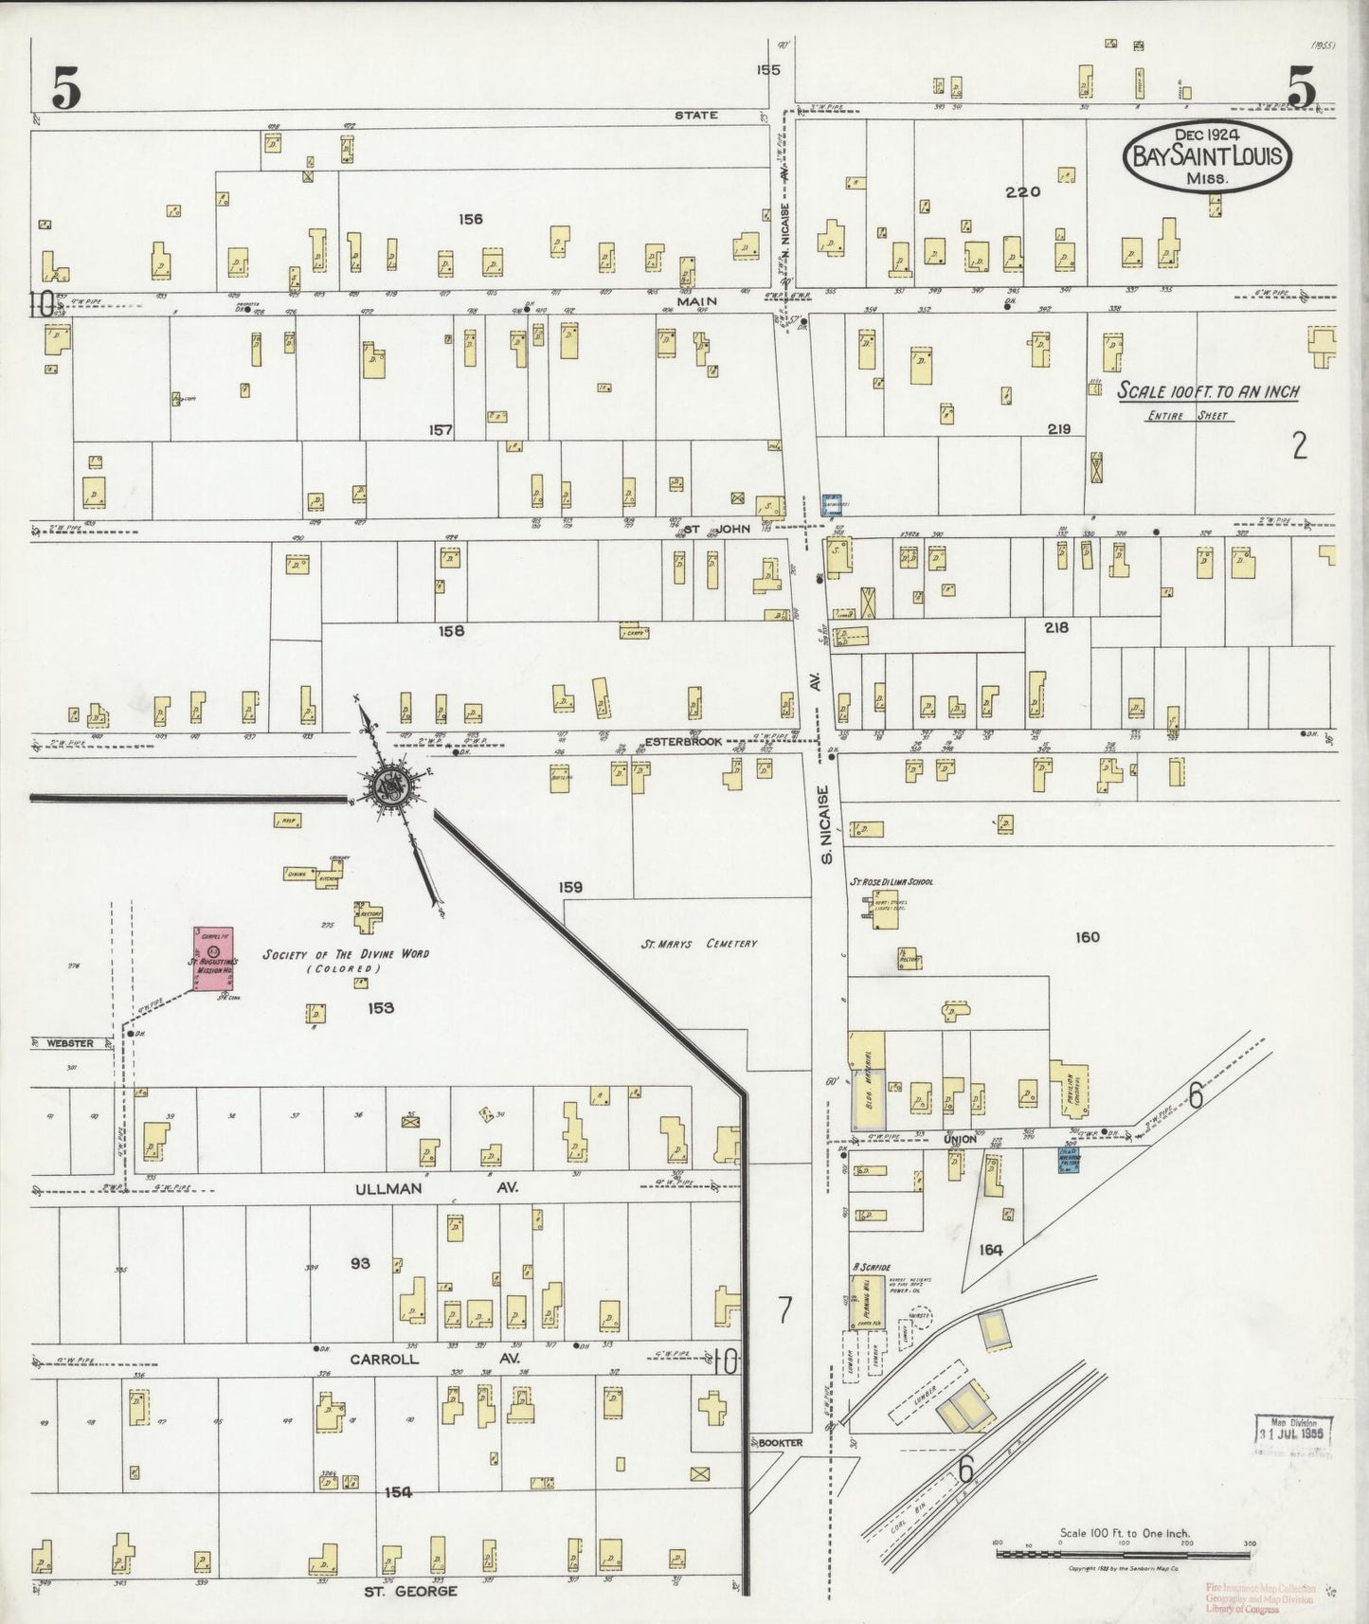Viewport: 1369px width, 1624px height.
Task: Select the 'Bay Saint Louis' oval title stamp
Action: pyautogui.click(x=1206, y=156)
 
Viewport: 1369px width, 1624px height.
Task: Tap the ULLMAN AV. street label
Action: pyautogui.click(x=435, y=1186)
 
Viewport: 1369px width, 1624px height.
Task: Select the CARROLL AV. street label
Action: pyautogui.click(x=435, y=1359)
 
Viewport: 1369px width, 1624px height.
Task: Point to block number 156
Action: pyautogui.click(x=471, y=219)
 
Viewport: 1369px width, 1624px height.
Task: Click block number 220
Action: pyautogui.click(x=1023, y=191)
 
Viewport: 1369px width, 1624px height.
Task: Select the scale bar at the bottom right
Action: pyautogui.click(x=1123, y=1552)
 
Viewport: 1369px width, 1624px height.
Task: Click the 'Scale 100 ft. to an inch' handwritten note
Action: pyautogui.click(x=1208, y=391)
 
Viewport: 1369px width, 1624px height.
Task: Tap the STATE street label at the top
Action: pyautogui.click(x=695, y=115)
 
